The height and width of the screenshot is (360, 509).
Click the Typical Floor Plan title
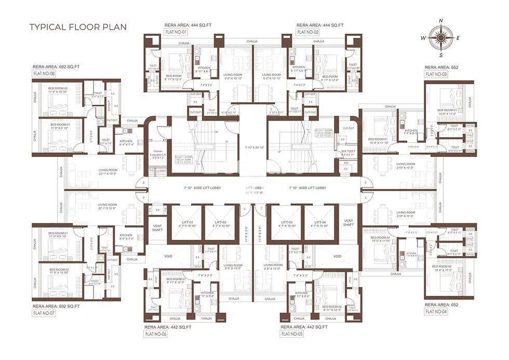(x=77, y=27)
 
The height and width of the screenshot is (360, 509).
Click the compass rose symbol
(x=441, y=38)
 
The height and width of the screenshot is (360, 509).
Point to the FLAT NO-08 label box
(x=44, y=74)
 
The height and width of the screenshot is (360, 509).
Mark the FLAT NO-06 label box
(x=155, y=334)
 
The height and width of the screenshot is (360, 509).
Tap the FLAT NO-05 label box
(x=291, y=334)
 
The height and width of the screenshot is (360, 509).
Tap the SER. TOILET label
(x=347, y=153)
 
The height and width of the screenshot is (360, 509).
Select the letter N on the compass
(x=441, y=21)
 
